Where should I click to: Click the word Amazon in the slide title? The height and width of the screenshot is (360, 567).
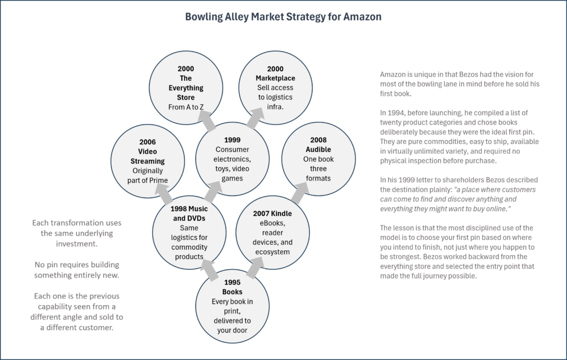[362, 17]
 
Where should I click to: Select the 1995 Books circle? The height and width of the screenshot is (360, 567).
[232, 306]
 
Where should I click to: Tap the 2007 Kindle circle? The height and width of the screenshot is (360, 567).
[272, 232]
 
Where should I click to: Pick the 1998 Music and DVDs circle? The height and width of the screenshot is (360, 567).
[189, 232]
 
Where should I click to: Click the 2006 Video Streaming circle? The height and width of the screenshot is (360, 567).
[147, 161]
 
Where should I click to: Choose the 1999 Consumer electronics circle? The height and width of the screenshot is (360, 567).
[232, 159]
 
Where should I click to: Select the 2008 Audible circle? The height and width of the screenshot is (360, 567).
[318, 159]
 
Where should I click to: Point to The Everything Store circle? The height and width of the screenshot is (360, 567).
[186, 88]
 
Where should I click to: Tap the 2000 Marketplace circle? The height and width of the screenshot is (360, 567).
[275, 88]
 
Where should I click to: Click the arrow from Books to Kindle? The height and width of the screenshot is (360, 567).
[256, 268]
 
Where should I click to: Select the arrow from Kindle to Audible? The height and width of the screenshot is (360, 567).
[300, 193]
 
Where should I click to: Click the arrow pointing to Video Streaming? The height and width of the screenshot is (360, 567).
[164, 194]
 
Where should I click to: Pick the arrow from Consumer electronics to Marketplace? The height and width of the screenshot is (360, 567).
[255, 118]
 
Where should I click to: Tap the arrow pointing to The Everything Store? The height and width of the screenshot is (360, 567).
[207, 121]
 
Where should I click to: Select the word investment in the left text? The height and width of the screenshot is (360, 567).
[76, 244]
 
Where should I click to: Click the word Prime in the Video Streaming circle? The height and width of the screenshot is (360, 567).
[158, 180]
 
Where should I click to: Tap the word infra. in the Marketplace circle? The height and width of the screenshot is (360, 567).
[275, 107]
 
